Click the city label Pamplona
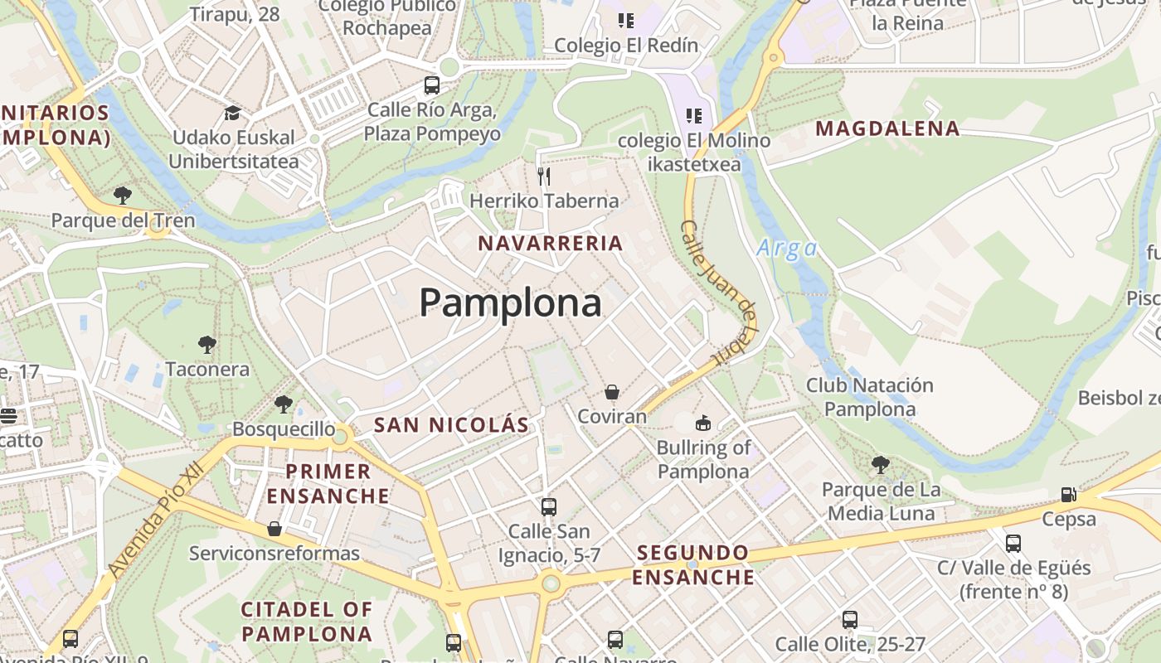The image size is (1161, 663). (x=510, y=303)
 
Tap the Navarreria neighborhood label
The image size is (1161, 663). (x=551, y=243)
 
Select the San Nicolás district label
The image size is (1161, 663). (x=451, y=425)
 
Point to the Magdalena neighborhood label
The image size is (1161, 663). (x=887, y=128)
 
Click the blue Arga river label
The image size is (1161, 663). (x=786, y=248)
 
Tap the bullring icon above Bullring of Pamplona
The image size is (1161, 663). (x=703, y=423)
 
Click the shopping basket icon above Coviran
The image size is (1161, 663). (x=612, y=392)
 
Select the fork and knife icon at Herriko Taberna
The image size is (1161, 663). (x=544, y=176)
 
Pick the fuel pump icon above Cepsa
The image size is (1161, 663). (x=1069, y=495)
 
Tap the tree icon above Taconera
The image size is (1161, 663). (x=206, y=344)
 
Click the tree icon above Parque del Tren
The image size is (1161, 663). (x=123, y=196)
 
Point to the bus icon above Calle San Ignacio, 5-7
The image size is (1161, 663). (x=548, y=506)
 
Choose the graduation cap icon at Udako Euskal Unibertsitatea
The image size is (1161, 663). (x=232, y=113)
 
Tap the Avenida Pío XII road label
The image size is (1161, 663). (x=156, y=520)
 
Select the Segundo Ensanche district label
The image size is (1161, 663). (x=693, y=564)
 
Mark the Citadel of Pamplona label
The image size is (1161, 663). (x=307, y=622)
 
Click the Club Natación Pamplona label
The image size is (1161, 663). (x=870, y=397)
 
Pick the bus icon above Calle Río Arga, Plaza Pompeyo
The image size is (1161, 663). (x=431, y=85)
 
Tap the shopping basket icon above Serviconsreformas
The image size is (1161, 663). (x=274, y=529)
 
